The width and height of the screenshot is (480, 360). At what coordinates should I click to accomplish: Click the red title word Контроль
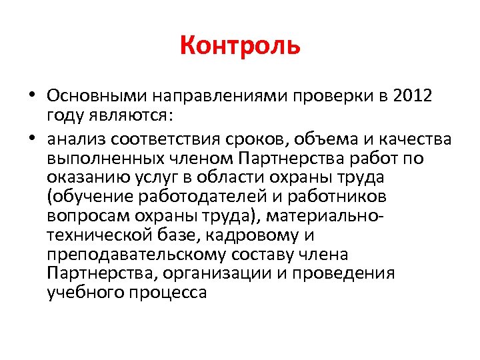[240, 46]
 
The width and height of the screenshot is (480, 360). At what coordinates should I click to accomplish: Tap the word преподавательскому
[137, 255]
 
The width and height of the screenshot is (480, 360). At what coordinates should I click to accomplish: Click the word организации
[225, 274]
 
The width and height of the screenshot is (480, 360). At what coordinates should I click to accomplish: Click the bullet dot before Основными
[32, 96]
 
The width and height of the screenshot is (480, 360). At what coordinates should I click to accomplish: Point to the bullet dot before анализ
[32, 139]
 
